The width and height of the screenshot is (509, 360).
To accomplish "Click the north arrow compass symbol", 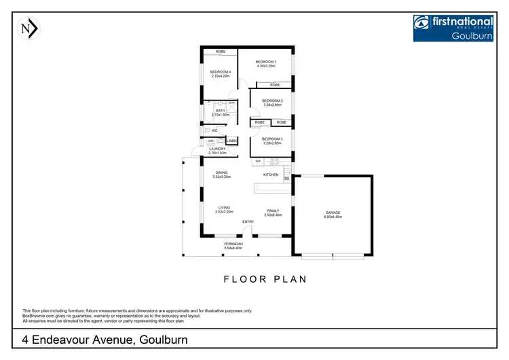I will pos(29,29).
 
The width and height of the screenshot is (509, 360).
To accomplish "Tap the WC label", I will pos(214,130).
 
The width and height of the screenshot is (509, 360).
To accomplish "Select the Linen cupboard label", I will pos(231,141).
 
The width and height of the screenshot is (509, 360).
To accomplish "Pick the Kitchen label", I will pos(271,175).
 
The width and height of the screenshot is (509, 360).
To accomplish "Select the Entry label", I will pos(248,222).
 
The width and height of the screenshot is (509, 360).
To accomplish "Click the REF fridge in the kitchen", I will pos(258,161).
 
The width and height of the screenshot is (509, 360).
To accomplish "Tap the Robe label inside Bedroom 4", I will pos(221,52).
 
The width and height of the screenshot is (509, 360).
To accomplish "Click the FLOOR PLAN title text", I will pos(265,278).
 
